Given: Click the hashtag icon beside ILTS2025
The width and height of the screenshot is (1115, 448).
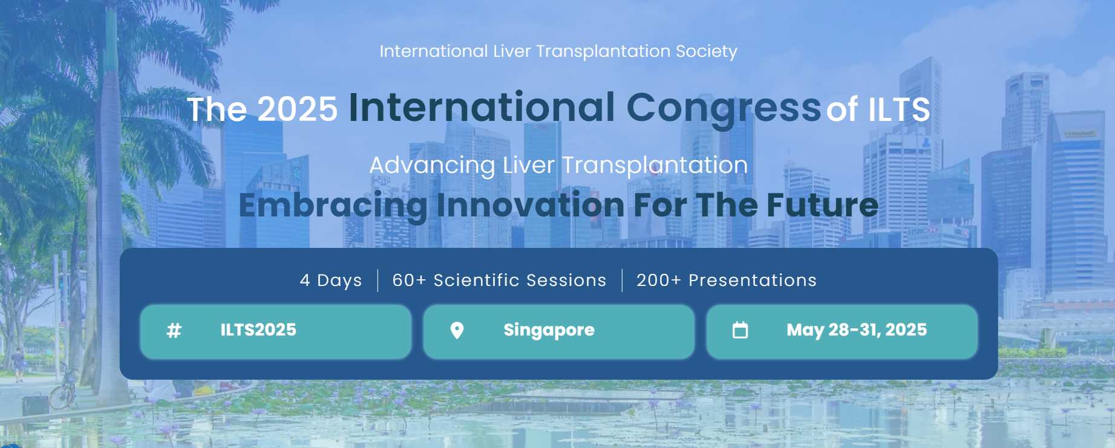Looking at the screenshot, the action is point(174,331).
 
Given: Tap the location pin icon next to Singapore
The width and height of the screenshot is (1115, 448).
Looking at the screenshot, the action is point(457,330).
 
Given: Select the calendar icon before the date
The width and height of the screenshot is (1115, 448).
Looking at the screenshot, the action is point(740,330).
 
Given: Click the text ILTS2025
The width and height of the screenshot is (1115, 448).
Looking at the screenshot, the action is point(258,330).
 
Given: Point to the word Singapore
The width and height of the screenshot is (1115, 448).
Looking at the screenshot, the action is point(549,331).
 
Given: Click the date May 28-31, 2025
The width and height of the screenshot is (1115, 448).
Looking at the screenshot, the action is point(857,330).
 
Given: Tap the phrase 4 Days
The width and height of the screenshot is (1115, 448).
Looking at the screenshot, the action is point(331,281).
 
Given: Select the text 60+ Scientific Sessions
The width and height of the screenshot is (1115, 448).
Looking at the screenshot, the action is point(499,281).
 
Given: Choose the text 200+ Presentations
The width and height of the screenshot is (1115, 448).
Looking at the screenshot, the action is point(727,281).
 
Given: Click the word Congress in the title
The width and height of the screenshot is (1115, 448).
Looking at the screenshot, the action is point(724,109).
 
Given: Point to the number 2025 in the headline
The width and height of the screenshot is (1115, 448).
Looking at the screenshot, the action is point(297,109).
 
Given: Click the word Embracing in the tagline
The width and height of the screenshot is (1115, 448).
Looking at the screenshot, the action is point(333,206).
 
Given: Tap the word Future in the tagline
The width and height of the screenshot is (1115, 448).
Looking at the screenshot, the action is point(822,205).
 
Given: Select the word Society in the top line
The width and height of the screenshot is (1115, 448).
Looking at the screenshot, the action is point(706,52).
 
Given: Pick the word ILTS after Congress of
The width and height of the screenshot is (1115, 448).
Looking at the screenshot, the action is point(899,110).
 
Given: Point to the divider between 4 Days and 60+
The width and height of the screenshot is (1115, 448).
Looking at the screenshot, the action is point(378,281).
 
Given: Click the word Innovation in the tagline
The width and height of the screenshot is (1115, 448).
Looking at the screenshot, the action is point(530,205).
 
